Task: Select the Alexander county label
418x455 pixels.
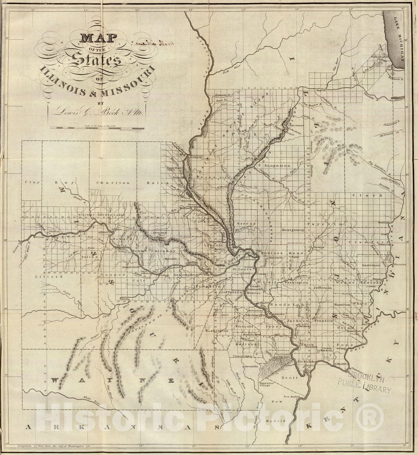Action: pyautogui.click(x=306, y=361)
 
